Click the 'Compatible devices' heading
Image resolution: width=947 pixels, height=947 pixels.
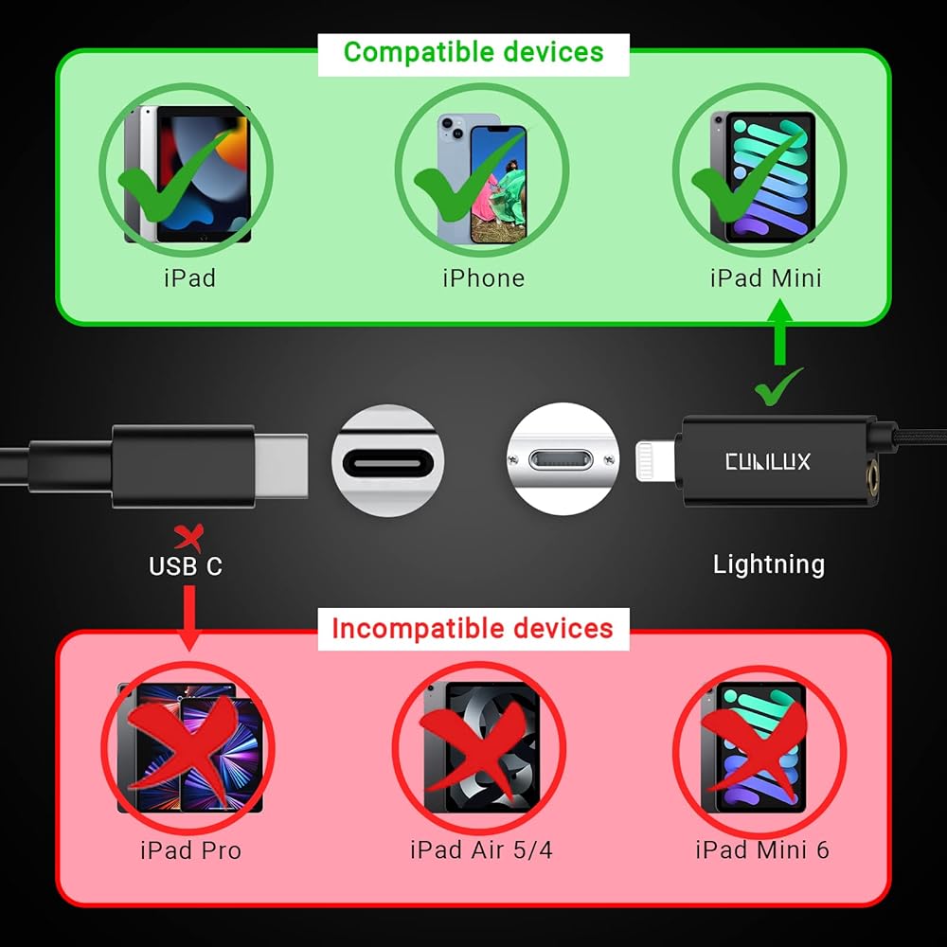point(473,52)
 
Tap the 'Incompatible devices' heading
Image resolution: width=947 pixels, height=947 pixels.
point(473,628)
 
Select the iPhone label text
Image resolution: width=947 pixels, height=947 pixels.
point(483,277)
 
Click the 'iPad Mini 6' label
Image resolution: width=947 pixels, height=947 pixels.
point(762,849)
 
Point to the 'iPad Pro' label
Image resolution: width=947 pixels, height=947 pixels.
point(190,849)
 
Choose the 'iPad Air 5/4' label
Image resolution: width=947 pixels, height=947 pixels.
point(481,849)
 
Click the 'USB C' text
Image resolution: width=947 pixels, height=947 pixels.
point(186,566)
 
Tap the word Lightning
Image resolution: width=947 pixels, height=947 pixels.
point(768,564)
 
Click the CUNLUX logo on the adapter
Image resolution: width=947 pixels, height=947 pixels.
point(767,462)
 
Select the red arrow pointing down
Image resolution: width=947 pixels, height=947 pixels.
point(189,616)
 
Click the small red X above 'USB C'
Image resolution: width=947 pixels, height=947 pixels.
point(189,539)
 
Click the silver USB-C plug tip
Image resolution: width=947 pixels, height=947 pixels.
point(281,462)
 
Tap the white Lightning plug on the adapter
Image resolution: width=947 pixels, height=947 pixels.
point(655,462)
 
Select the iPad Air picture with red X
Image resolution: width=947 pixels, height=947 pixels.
point(479,745)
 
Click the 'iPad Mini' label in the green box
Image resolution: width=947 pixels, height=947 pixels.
point(765,277)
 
